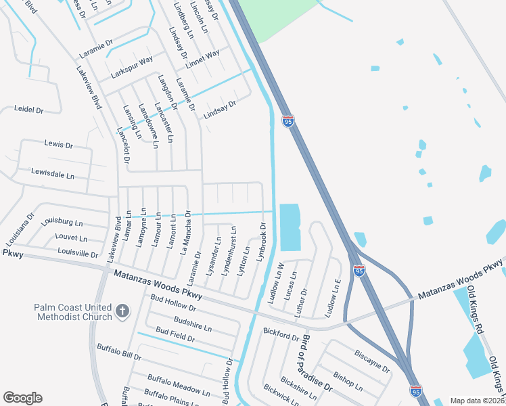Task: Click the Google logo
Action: (22, 398)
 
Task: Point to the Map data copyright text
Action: (477, 401)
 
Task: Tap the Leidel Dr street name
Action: (29, 109)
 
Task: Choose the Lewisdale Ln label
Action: (53, 175)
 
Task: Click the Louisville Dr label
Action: (78, 253)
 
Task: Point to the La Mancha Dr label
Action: (185, 231)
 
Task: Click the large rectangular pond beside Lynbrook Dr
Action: (290, 227)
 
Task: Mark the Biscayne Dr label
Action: (372, 361)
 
